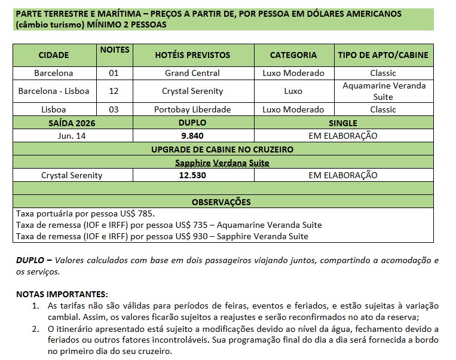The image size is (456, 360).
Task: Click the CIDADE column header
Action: point(54,55)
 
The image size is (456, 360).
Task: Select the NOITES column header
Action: point(115,50)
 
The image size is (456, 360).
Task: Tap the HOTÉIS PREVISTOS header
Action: point(192,55)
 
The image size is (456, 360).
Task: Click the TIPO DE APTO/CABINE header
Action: point(383,55)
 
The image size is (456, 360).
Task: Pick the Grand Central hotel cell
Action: point(192,73)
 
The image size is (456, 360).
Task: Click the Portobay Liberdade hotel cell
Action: point(192,109)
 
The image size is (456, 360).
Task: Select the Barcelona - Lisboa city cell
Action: point(54,91)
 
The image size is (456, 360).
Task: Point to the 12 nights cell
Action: point(114,91)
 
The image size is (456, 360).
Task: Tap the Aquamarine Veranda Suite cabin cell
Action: point(383,91)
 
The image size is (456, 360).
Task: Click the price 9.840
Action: point(192,136)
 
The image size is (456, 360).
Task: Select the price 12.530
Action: point(192,175)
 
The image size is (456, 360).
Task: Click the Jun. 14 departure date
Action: point(72,136)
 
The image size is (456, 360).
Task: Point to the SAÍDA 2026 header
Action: point(72,123)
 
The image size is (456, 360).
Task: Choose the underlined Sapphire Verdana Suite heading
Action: point(222,163)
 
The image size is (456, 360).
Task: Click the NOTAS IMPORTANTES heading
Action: point(62,294)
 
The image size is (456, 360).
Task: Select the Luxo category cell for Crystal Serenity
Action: point(293,91)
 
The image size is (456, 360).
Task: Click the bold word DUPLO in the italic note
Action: point(29,261)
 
